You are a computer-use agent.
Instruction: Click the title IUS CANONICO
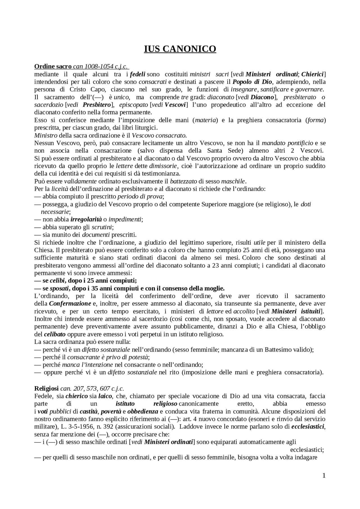pos(180,49)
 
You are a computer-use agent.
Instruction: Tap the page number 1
pos(324,476)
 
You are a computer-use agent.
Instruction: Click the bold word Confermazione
pos(70,304)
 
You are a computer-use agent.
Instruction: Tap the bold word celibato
pos(55,334)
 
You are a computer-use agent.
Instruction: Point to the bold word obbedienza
pos(143,411)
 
